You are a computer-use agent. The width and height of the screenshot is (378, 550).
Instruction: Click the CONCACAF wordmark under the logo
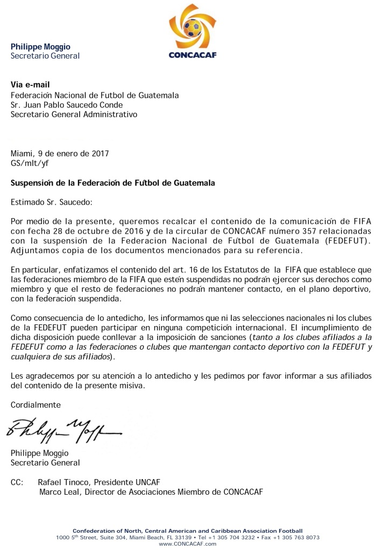tap(192, 54)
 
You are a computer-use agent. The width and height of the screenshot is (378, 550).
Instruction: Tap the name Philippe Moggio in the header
tap(40, 47)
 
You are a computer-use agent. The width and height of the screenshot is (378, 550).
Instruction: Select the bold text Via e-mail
tap(31, 85)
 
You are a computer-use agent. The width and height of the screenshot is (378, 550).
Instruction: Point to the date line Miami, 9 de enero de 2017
tap(60, 153)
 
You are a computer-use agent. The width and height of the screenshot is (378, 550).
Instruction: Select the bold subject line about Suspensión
tap(113, 183)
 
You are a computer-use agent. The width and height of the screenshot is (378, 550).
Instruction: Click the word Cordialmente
tap(36, 404)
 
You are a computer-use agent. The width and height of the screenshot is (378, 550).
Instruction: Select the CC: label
tap(17, 482)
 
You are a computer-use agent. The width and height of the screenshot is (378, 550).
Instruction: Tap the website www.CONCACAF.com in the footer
tap(188, 544)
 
